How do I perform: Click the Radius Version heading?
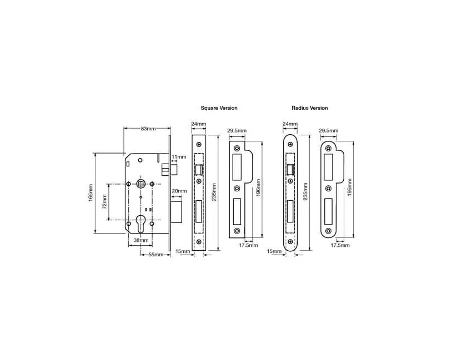309,108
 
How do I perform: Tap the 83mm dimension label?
148,129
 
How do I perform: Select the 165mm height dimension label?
91,193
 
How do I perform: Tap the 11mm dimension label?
179,157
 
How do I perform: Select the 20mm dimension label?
179,191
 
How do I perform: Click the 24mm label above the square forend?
198,124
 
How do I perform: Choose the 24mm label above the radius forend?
290,124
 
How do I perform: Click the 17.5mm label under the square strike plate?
248,245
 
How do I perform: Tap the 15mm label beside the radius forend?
274,251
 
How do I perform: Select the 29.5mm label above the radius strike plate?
329,131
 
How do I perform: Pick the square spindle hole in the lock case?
140,184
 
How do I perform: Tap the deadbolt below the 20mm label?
177,210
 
